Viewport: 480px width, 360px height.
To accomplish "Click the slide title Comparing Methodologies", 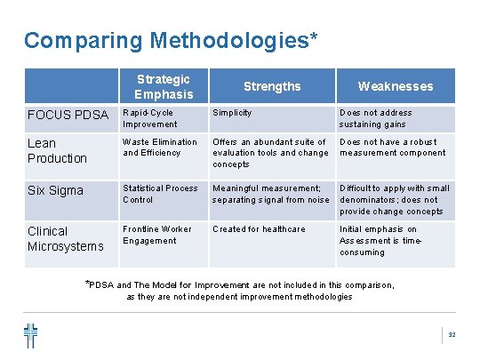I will (x=171, y=41).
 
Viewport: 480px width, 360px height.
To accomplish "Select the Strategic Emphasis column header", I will (x=164, y=86).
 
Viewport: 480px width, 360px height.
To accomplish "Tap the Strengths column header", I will (x=272, y=86).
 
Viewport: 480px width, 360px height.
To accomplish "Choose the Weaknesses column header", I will (x=396, y=86).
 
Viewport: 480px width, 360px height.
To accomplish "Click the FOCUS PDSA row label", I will (x=68, y=116).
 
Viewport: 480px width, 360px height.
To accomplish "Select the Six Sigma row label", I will (x=55, y=190).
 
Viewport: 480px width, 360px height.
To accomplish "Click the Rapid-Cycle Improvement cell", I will (x=150, y=118).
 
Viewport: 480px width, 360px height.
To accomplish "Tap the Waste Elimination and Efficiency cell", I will (x=160, y=147).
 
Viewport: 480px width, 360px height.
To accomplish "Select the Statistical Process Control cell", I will (x=160, y=193).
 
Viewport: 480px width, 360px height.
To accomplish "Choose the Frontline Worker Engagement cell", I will (x=156, y=235).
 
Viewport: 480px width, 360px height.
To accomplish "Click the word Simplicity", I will (x=232, y=113).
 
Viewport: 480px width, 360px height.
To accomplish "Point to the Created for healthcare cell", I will (x=259, y=229).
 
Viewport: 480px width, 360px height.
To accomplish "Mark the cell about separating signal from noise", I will (x=270, y=194).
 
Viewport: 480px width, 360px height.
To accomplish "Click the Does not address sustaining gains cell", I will (x=376, y=118).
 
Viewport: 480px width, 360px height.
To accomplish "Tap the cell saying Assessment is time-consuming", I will (x=378, y=241).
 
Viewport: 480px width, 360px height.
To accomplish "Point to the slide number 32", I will (x=452, y=335).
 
